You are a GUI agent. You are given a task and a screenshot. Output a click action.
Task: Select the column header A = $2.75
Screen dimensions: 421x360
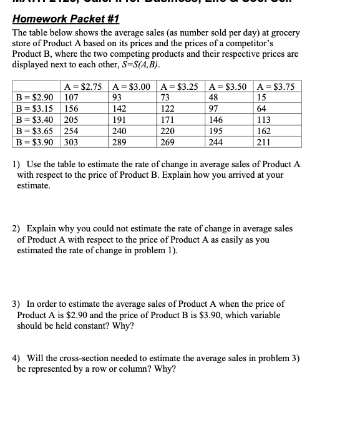point(84,87)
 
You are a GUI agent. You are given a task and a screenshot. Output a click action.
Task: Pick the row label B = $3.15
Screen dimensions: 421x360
point(36,109)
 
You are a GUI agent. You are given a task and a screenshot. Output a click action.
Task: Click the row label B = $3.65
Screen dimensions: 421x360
point(36,131)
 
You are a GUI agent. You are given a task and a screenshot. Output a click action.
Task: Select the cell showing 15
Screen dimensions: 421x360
point(262,97)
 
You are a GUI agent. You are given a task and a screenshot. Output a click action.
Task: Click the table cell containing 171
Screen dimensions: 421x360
point(167,120)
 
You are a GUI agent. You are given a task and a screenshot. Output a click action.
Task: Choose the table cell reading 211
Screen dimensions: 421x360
point(264,142)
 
